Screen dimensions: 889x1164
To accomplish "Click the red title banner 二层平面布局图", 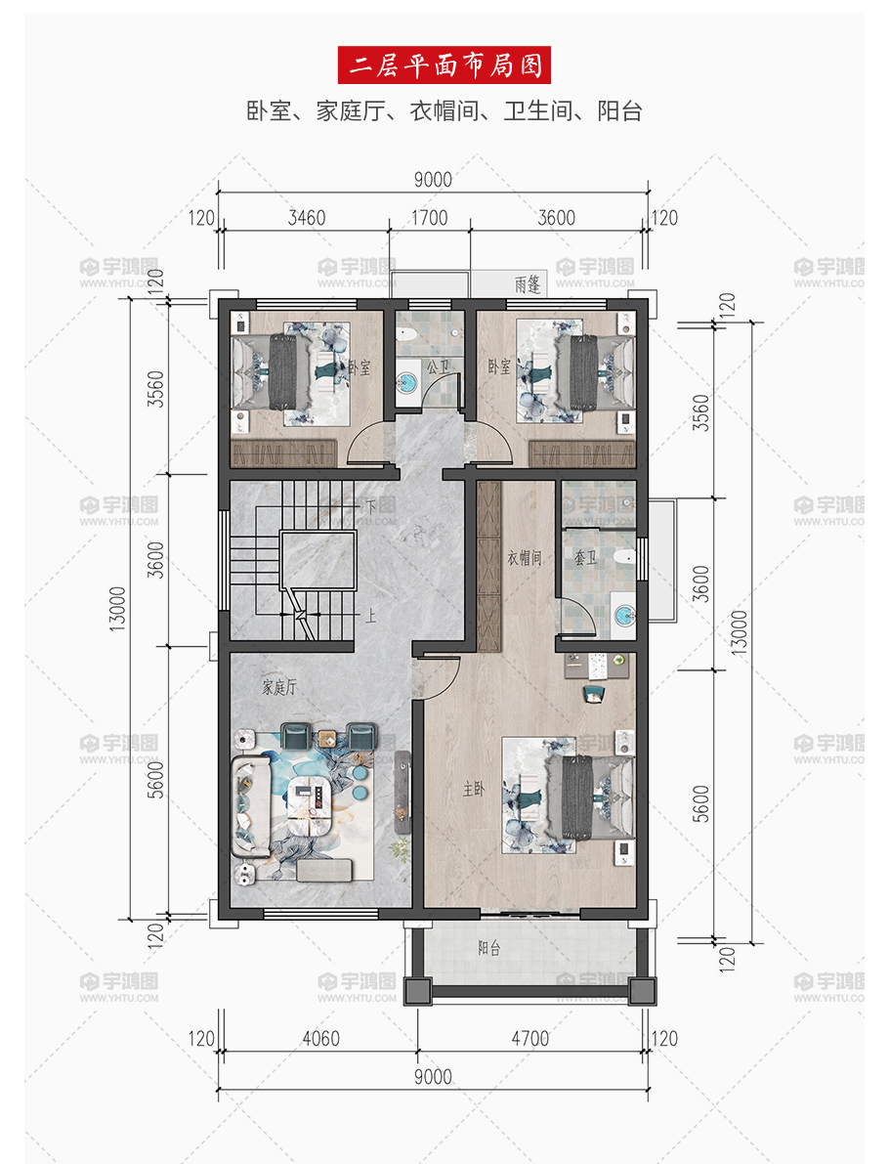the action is coord(444,65).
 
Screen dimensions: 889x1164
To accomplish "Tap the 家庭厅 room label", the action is coord(279,687).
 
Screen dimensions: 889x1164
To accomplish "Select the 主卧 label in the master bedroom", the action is coord(474,789).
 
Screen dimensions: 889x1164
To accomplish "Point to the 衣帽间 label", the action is coord(524,557).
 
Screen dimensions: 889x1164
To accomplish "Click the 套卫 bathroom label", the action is coord(585,557).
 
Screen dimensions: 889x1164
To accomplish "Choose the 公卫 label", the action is coord(438,366).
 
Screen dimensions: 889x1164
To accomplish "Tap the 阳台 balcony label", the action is coord(489,948).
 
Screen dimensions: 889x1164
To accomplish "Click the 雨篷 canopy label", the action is coord(528,284).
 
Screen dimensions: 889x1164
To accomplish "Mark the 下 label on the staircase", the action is coord(370,508).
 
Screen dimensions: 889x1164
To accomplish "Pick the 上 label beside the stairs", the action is coord(370,616).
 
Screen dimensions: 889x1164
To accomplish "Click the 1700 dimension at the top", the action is coord(430,218).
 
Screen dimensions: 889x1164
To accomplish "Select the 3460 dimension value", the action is coord(307,218).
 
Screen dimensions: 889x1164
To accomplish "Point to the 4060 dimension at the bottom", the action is coord(320,1039).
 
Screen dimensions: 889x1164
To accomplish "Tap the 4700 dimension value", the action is coord(529,1039).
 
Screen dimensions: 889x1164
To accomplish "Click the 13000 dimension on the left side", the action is coord(118,609).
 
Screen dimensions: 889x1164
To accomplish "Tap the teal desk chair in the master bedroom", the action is coord(594,693).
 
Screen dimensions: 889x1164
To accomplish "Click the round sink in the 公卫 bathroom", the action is coord(406,384).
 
